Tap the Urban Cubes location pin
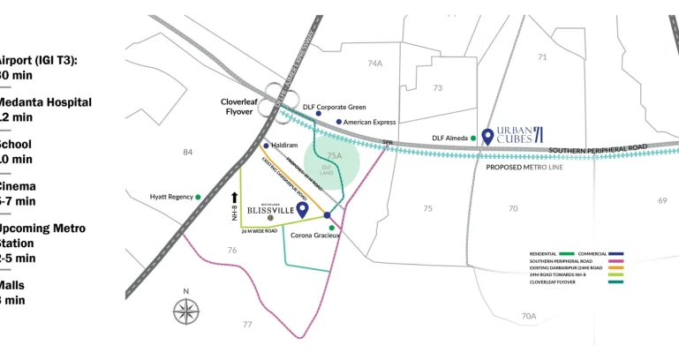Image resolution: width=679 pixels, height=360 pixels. coord(487,137)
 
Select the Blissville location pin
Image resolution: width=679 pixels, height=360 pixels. coord(302,209)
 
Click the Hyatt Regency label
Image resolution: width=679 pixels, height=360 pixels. coord(170,197)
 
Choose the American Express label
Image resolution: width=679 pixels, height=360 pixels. coord(369,123)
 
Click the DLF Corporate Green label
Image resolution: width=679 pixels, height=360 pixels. coord(334,107)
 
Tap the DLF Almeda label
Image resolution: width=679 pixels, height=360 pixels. coord(449,139)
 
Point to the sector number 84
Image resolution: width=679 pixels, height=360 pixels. coord(187,153)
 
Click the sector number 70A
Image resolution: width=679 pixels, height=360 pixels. coord(528,316)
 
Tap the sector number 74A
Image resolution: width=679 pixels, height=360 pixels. coord(375,64)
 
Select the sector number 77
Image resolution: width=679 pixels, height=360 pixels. coord(246,325)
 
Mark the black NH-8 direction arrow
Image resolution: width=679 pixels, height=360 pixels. coord(235,198)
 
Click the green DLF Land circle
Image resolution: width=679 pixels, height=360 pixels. coord(331,164)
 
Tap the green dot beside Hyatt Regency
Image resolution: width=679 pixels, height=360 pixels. coord(198,197)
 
